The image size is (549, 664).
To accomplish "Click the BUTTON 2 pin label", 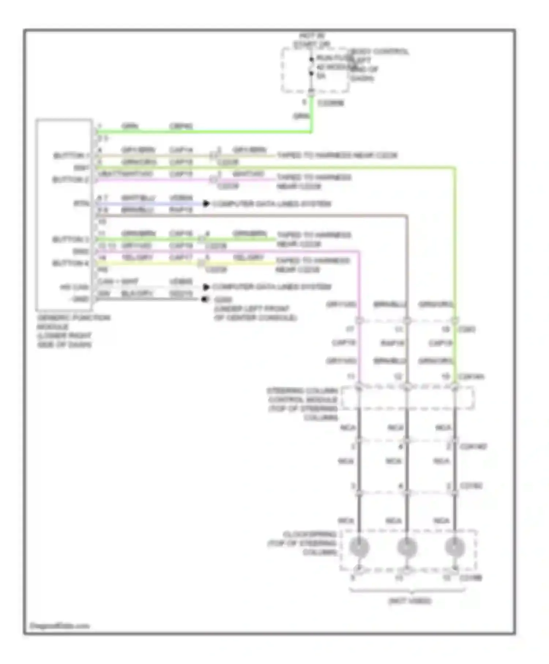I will (x=70, y=179).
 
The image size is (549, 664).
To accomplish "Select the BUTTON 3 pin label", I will (x=70, y=239).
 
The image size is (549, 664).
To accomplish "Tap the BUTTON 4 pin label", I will (x=70, y=263).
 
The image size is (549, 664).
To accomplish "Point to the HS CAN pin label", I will (x=75, y=287).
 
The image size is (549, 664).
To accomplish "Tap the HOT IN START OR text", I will (x=311, y=40).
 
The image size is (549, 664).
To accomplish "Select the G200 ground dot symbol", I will (x=205, y=299).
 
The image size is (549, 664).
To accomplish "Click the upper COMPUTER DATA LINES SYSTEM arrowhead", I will (x=206, y=204).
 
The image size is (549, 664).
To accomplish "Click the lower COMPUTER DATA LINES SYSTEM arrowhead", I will (x=206, y=287).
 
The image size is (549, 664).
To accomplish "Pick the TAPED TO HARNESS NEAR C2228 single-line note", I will (x=337, y=155).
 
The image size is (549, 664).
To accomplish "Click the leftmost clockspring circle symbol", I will (x=359, y=547).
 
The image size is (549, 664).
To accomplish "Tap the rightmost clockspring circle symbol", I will (x=455, y=547).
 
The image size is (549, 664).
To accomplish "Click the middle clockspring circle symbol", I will (x=407, y=547).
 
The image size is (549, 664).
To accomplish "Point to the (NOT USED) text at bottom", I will (x=410, y=601).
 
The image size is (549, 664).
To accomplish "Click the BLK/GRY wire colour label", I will (x=137, y=293).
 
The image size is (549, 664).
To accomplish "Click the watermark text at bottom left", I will (x=59, y=626).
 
